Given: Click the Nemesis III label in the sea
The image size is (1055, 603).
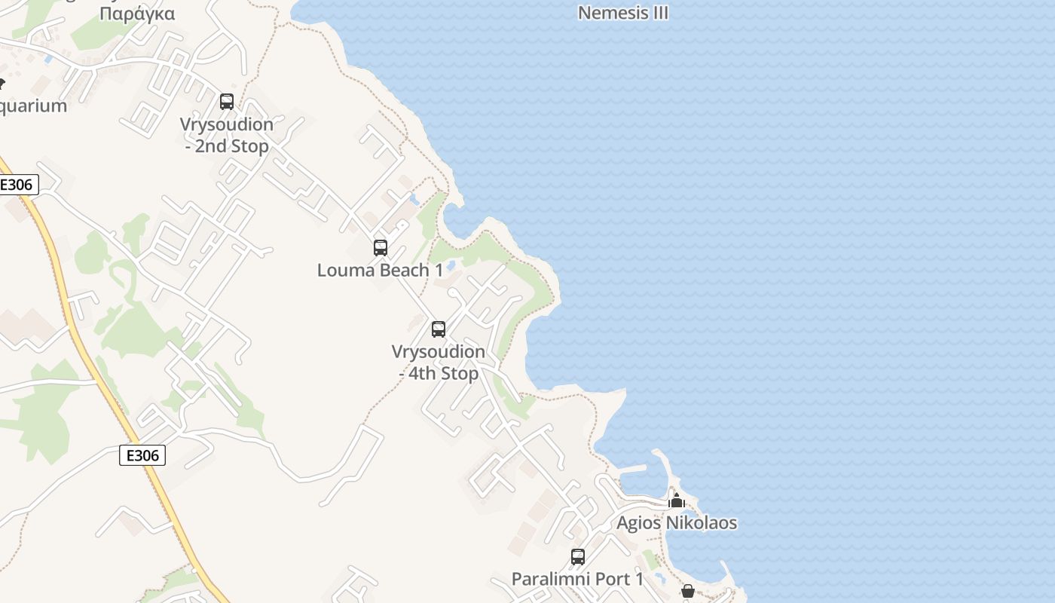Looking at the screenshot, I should pos(622,13).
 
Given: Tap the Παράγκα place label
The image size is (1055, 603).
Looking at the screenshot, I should pos(137,14).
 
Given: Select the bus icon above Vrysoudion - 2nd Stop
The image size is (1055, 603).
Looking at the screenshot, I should pos(227,102).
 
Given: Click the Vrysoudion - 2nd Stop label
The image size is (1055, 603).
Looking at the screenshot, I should pos(226,135).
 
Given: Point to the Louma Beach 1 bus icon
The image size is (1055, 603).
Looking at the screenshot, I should pos(381,248).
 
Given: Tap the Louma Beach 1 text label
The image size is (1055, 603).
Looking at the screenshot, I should pos(380,270).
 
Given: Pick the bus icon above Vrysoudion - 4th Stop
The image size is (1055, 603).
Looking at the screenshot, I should pos(439,329).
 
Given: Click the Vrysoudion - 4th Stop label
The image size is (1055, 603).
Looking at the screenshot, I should pos(439,363).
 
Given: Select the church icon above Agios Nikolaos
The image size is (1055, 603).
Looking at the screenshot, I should pos(677,500).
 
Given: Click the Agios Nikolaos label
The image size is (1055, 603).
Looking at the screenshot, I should pos(677,522).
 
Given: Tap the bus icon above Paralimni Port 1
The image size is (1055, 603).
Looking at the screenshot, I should pos(578,557).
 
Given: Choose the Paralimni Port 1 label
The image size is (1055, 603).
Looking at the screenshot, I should pos(578,579).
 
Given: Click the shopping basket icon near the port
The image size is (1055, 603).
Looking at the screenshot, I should pos(688,591).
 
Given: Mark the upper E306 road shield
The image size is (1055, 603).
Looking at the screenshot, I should pos(18,185).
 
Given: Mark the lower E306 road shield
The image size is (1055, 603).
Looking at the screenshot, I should pos(142,455).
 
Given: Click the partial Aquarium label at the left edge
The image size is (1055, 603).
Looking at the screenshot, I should pos(33,106).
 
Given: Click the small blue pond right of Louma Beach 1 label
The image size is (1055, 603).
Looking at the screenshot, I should pos(451,266).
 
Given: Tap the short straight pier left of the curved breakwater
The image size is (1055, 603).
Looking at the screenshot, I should pos(631,469).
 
